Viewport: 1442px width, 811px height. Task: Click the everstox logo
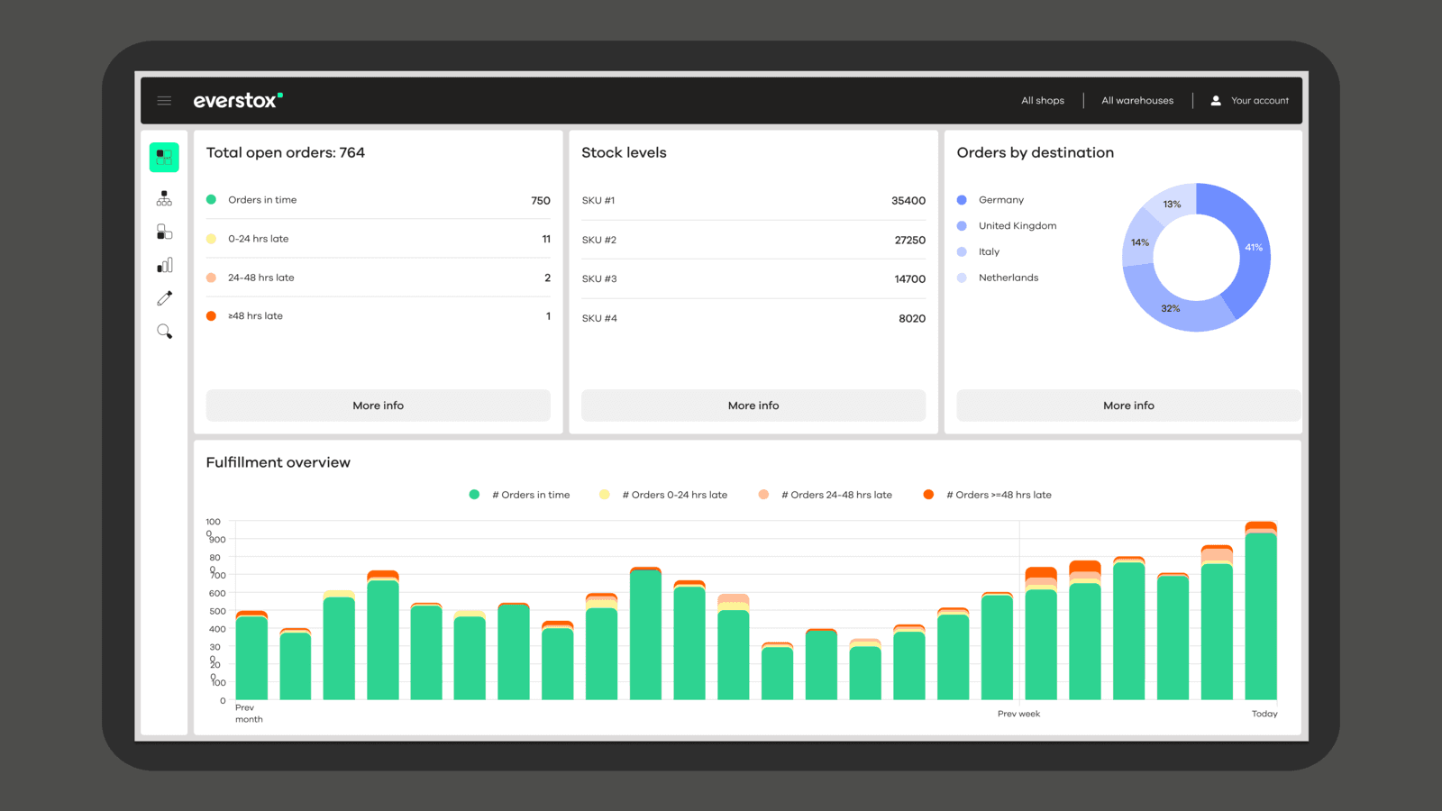tap(237, 101)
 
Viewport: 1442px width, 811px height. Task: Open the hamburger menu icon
tap(164, 101)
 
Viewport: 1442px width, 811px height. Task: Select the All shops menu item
tap(1042, 101)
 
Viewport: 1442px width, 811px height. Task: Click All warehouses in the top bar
tap(1136, 101)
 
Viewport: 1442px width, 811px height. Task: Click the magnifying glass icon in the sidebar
tap(164, 332)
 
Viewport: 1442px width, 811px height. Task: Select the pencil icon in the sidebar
tap(164, 298)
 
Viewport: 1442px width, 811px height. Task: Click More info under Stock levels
tap(753, 405)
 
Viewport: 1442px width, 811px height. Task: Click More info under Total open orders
tap(378, 405)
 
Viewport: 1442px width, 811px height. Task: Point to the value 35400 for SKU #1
tap(908, 201)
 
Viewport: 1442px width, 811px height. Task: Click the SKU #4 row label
tap(599, 318)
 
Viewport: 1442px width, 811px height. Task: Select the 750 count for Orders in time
tap(540, 201)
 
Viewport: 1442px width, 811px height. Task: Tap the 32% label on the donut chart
tap(1170, 308)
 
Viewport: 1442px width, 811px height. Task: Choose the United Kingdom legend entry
tap(1017, 226)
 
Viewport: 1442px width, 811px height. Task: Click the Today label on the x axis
tap(1264, 714)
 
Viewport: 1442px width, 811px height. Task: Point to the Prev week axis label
tap(1018, 714)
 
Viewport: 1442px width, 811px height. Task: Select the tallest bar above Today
tap(1260, 613)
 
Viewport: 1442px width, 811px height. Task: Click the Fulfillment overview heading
tap(278, 462)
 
